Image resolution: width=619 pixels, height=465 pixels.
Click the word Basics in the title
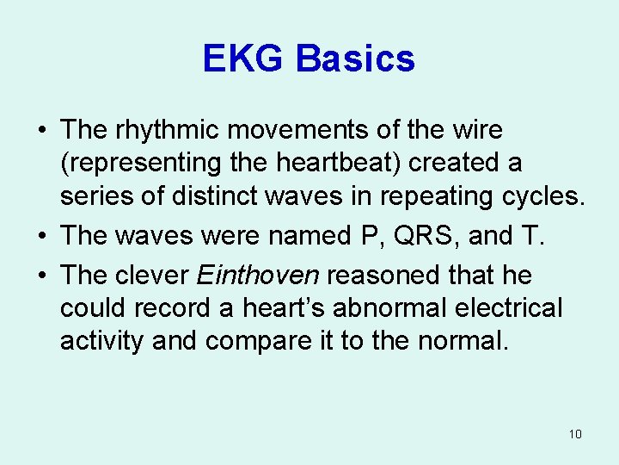[x=356, y=59]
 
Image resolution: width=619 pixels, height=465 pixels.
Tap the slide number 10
[x=575, y=434]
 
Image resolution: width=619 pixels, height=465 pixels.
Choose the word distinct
[x=256, y=195]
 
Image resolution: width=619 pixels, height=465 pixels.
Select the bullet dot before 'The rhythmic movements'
[x=41, y=132]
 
